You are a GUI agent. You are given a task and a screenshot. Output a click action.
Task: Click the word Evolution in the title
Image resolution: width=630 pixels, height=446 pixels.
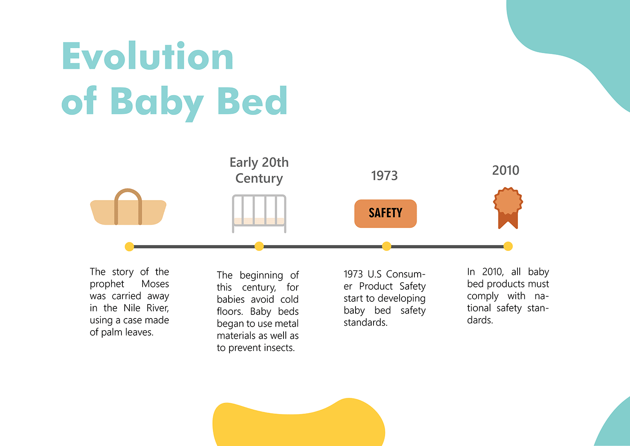click(x=148, y=55)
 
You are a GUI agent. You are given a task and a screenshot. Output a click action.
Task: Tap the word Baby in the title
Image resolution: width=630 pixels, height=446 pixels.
click(x=157, y=104)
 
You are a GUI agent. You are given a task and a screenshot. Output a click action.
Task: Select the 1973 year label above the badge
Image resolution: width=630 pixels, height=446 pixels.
click(x=384, y=175)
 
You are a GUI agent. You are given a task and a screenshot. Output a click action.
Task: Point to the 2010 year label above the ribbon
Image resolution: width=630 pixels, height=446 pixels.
click(x=505, y=170)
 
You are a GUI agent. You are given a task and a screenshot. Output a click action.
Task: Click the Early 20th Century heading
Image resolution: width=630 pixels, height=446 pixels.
click(x=259, y=171)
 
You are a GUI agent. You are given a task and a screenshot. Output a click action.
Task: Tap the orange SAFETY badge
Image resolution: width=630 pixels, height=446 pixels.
click(x=385, y=214)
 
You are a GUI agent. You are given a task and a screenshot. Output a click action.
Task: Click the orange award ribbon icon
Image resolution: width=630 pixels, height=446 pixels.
click(x=508, y=208)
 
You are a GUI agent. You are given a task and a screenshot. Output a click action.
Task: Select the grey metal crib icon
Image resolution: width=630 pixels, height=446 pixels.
click(x=259, y=214)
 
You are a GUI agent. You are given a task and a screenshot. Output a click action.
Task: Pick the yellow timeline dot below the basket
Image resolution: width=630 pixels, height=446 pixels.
click(x=130, y=246)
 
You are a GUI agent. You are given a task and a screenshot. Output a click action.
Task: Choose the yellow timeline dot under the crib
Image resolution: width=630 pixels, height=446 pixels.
click(x=259, y=246)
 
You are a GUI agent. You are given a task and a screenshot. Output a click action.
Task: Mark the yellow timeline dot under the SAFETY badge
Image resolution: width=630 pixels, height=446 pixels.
click(x=387, y=246)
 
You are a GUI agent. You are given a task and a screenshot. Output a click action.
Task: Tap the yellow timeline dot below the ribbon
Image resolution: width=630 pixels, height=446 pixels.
click(x=508, y=246)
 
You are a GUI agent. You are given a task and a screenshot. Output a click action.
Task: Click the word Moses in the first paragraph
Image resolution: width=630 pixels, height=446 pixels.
click(x=155, y=284)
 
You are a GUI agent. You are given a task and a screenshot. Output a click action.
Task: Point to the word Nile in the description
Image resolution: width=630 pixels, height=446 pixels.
click(x=131, y=308)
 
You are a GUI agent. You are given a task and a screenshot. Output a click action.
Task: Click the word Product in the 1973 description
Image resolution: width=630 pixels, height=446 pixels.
click(x=376, y=286)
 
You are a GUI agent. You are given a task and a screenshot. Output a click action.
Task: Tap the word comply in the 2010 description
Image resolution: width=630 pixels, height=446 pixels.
click(x=482, y=296)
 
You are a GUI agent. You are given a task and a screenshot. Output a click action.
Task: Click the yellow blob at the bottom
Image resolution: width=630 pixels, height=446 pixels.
click(x=298, y=423)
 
